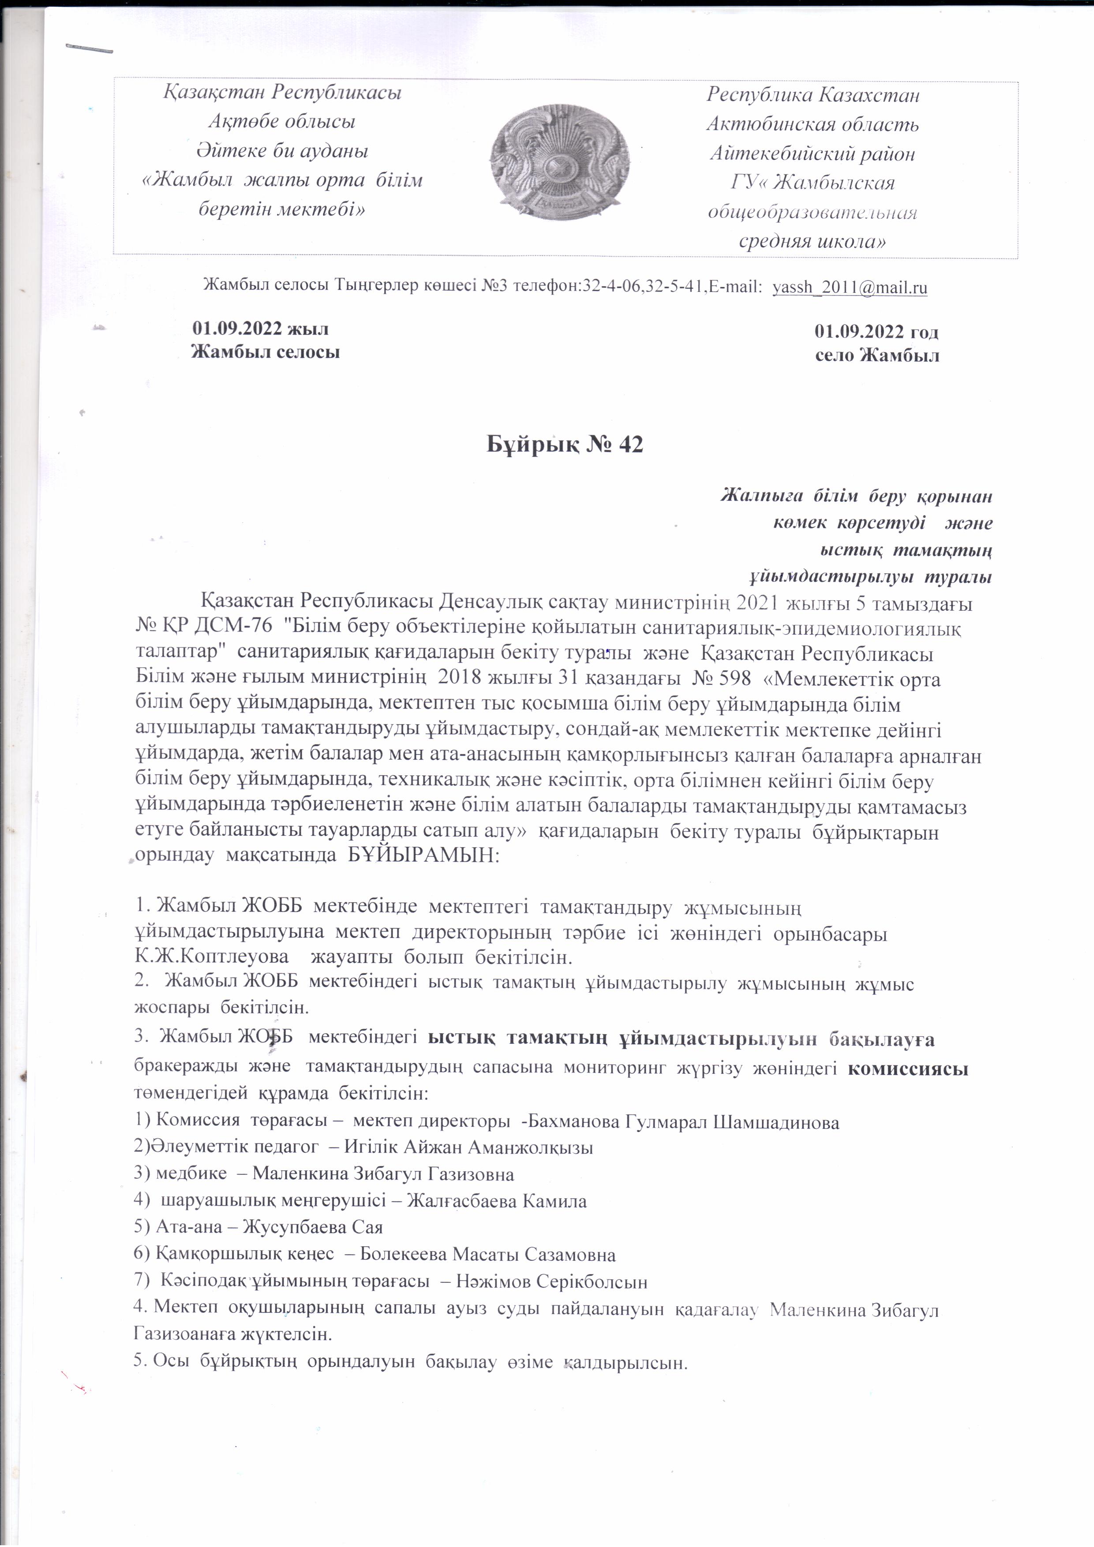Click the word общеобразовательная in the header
point(812,213)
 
